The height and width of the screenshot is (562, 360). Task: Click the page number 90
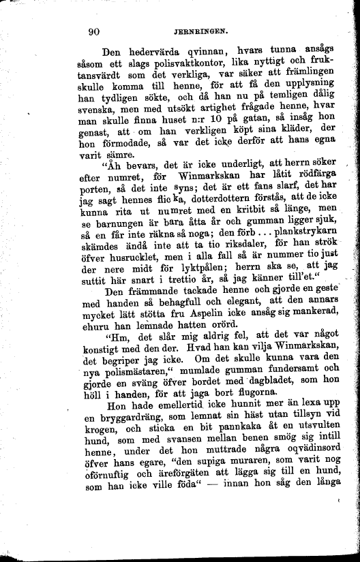tap(95, 30)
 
